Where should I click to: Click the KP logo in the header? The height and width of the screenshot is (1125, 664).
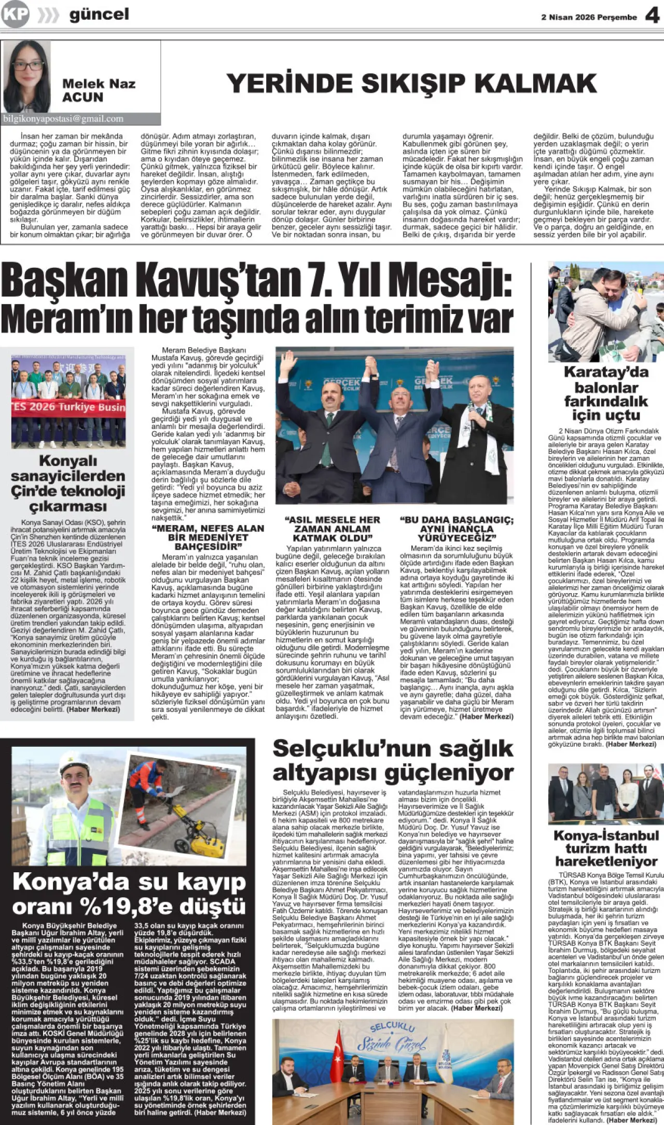[x=15, y=14]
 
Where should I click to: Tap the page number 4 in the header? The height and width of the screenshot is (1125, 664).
[x=652, y=16]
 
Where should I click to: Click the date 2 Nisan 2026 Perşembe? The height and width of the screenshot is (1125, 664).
[x=589, y=17]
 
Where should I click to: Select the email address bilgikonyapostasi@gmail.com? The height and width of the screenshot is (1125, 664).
[x=63, y=119]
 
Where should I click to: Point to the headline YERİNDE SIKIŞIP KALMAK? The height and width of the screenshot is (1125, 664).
[x=411, y=84]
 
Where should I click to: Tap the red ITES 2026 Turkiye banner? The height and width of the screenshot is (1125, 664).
[x=68, y=407]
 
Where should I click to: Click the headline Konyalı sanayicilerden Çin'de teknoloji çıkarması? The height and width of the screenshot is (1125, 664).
[x=68, y=484]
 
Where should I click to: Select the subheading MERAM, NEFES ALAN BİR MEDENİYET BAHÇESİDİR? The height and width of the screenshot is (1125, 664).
[x=208, y=537]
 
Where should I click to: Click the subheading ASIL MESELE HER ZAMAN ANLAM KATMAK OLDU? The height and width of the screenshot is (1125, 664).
[x=332, y=529]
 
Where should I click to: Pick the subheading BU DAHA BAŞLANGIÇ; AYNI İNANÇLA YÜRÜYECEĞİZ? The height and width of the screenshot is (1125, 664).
[x=457, y=529]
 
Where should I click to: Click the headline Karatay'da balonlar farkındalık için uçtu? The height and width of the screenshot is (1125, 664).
[x=606, y=394]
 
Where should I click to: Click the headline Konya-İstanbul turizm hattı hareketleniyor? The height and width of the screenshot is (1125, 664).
[x=606, y=848]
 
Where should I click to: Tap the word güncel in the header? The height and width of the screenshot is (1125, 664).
[x=99, y=14]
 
